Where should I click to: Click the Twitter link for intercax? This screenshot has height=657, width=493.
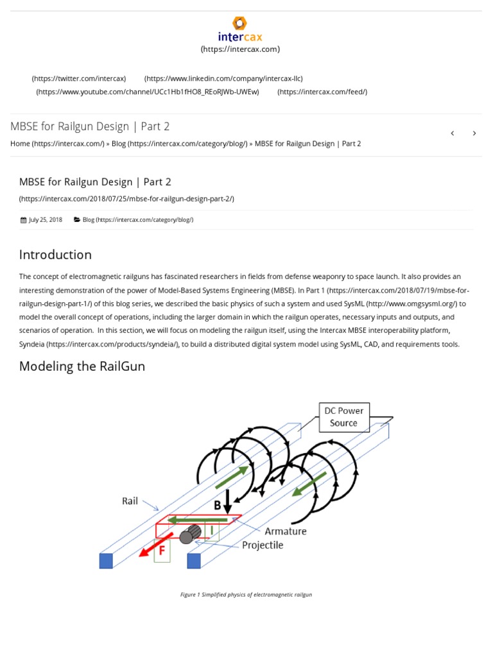79,78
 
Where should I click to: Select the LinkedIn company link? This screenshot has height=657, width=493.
223,78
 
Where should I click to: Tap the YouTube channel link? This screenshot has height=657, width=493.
148,92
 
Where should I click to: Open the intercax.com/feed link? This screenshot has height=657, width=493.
322,92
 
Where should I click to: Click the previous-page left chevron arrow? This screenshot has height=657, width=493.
453,133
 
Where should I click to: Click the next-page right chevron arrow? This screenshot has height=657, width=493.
474,133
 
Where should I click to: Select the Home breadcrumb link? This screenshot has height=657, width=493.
57,144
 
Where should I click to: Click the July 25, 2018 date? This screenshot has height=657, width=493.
45,219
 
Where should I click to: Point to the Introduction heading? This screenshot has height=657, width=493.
55,255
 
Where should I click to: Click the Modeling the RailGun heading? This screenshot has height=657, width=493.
82,366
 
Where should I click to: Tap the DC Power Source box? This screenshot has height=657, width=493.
343,417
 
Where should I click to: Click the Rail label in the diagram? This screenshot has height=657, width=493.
130,501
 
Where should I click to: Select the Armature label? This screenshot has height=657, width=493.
286,531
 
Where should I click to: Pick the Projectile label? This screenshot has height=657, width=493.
263,545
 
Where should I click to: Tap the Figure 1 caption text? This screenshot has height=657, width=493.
246,595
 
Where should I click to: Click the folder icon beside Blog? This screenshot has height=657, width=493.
77,219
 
